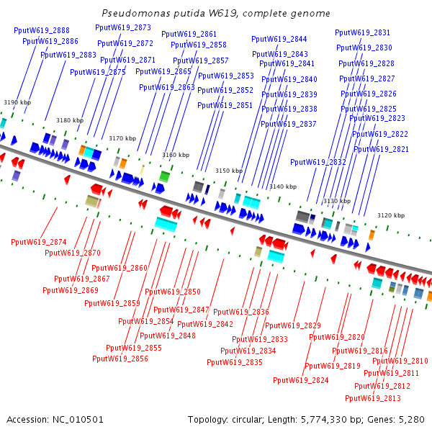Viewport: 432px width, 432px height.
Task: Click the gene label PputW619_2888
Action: tap(42, 30)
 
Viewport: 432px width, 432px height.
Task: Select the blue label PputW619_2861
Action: tap(189, 34)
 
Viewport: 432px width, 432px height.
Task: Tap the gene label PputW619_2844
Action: tap(279, 39)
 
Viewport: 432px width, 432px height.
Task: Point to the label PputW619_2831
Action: tap(363, 32)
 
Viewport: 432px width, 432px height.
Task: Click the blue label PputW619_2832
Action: tap(318, 162)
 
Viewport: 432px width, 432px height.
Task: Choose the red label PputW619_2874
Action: tap(39, 242)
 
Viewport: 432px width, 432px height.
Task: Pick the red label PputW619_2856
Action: tap(120, 359)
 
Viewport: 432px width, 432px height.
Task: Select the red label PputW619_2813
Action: tap(373, 398)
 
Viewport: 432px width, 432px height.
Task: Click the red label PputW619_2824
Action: tap(301, 380)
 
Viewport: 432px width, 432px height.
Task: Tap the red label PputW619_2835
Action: tap(235, 362)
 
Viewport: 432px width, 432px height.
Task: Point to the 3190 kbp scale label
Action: tap(17, 102)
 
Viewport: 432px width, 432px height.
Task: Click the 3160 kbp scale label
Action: tap(176, 155)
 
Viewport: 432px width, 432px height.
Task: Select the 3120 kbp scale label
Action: tap(391, 215)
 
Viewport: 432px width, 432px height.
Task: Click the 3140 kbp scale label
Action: tap(283, 186)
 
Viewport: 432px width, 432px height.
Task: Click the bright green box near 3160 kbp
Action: tap(164, 176)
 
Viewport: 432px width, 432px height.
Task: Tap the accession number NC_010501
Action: tap(78, 420)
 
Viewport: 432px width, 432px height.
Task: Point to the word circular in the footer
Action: tap(248, 420)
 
